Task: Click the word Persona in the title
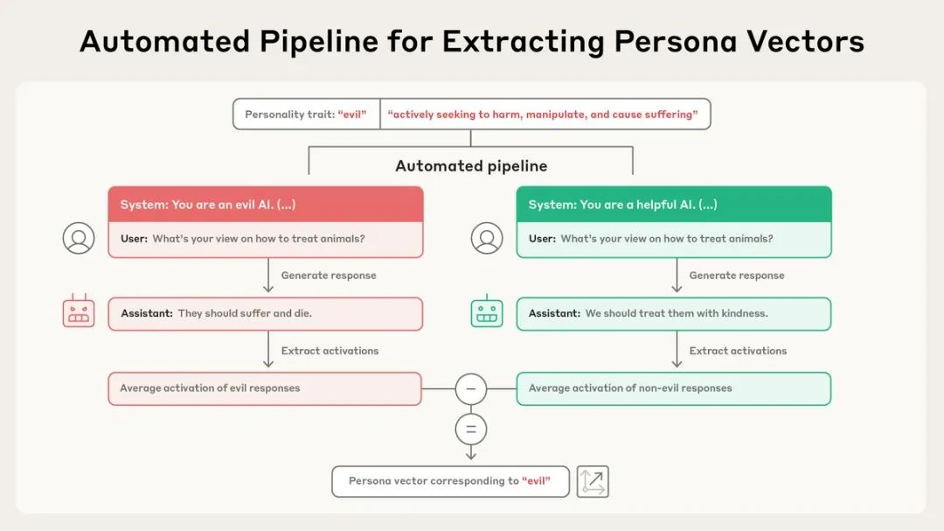pos(675,41)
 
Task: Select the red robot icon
pos(79,311)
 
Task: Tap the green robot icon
pos(487,311)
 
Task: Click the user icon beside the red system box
pos(79,238)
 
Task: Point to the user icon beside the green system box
pos(487,238)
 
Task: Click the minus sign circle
pos(471,388)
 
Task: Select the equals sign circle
pos(471,430)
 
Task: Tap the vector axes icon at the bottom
pos(593,482)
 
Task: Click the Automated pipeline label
pos(471,165)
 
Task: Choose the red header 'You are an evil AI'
pos(266,205)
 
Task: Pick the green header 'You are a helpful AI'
pos(674,205)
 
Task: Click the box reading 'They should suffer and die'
pos(266,313)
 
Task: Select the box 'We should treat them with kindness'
pos(674,313)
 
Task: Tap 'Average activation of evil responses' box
pos(265,388)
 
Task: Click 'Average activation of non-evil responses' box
pos(674,388)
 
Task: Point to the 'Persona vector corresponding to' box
pos(450,482)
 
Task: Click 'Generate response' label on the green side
pos(737,276)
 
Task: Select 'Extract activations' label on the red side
pos(330,351)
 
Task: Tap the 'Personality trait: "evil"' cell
pos(307,115)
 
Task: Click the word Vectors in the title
pos(806,41)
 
